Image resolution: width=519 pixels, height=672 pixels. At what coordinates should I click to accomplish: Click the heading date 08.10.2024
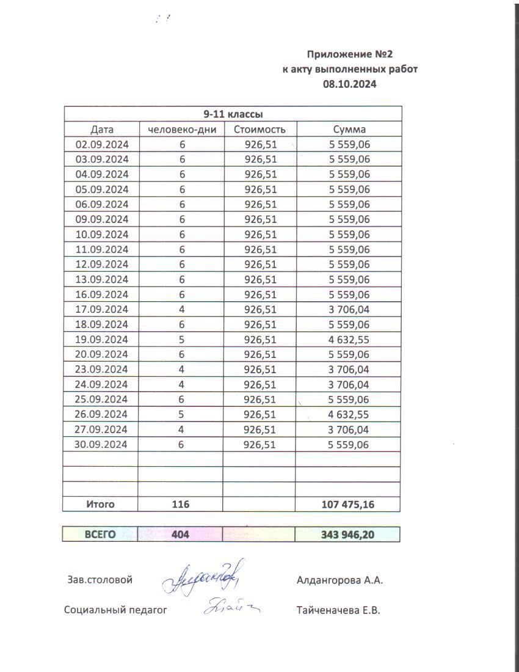(350, 84)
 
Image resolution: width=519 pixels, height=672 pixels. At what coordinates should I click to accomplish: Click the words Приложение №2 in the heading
(350, 54)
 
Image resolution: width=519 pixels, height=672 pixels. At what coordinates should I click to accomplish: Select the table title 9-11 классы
(233, 114)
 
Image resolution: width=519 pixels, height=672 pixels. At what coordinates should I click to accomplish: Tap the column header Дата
(102, 130)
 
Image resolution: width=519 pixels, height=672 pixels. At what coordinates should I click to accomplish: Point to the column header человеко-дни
(181, 130)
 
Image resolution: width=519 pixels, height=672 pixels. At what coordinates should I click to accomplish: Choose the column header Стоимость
(259, 130)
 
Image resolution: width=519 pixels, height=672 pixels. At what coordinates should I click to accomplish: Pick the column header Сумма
(349, 130)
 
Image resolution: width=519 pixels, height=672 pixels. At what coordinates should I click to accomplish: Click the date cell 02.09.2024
(101, 144)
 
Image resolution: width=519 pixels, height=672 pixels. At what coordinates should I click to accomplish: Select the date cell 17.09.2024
(101, 310)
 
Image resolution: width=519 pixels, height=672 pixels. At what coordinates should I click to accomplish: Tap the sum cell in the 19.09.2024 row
(349, 340)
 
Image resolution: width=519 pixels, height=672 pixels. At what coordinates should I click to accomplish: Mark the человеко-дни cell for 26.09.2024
(181, 415)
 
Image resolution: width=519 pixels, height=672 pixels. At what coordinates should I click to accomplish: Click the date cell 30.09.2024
(101, 445)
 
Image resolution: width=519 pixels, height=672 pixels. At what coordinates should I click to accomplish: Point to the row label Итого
(100, 505)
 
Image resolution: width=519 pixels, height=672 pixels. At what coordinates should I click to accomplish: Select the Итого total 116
(181, 505)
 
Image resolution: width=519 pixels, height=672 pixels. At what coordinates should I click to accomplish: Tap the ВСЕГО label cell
(100, 535)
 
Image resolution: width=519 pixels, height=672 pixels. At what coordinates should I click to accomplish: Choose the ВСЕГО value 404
(180, 535)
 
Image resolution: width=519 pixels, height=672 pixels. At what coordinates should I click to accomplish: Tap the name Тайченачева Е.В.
(338, 610)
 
